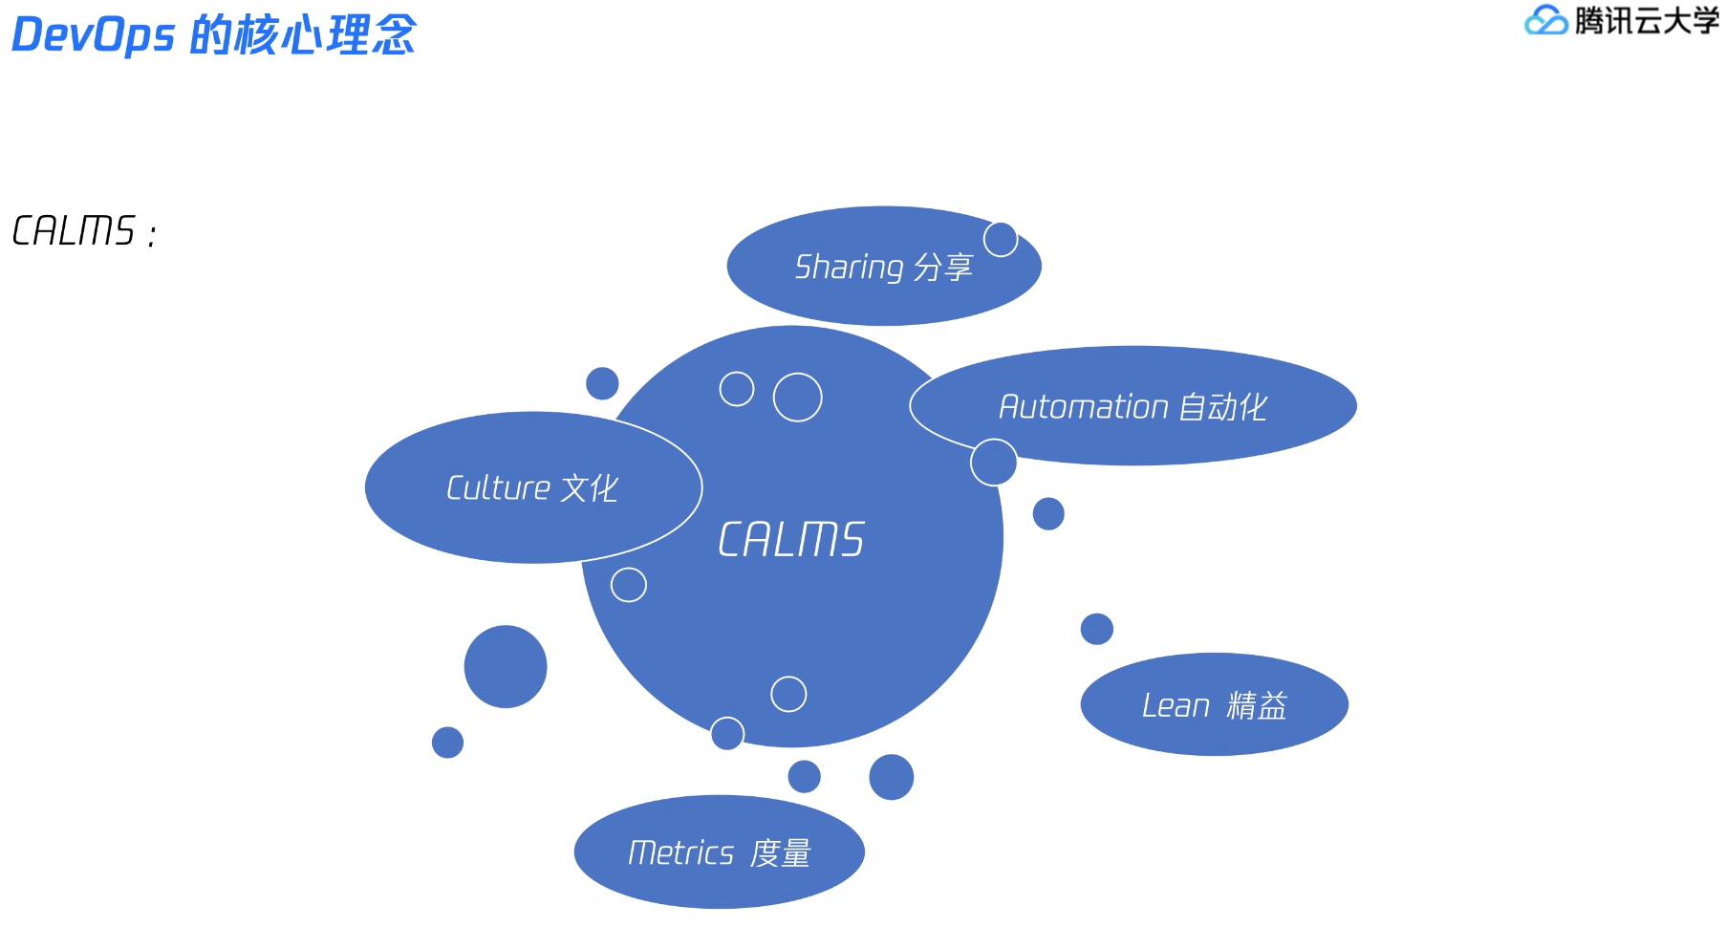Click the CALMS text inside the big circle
click(791, 540)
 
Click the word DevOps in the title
click(93, 35)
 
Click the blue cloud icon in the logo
click(1545, 20)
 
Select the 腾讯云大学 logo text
click(1647, 20)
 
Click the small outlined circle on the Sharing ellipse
click(1001, 239)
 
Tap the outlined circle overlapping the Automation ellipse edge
click(993, 463)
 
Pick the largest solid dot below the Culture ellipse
click(506, 666)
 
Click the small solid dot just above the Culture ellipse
click(602, 383)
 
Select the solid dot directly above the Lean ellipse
click(1096, 629)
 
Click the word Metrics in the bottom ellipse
click(680, 852)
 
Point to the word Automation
click(1084, 407)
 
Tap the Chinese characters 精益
click(1257, 705)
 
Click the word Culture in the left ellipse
click(498, 488)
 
